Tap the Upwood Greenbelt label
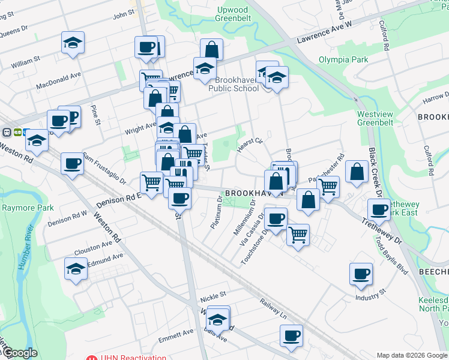point(232,14)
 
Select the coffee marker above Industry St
point(361,274)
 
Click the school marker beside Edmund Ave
point(76,269)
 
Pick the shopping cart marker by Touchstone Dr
point(298,234)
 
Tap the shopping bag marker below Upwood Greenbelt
point(211,49)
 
